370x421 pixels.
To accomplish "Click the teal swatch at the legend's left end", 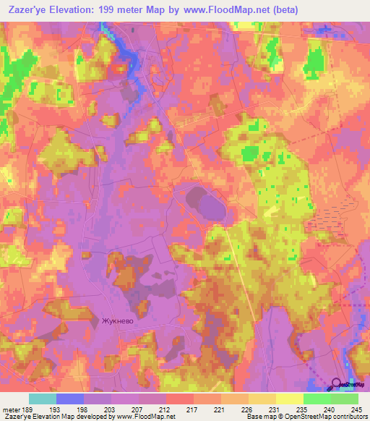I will pos(43,399).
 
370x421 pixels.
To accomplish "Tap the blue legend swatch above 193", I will pos(70,399).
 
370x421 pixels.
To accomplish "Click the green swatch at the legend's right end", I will pos(344,399).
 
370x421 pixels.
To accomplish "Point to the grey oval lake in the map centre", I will pos(207,204).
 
